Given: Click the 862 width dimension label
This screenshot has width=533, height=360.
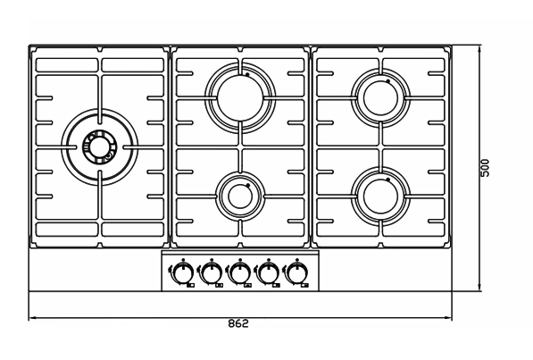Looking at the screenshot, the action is pyautogui.click(x=238, y=323).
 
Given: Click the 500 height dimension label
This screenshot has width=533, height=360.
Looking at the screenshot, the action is pyautogui.click(x=485, y=168).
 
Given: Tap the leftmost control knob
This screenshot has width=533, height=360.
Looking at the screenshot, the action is pyautogui.click(x=183, y=272).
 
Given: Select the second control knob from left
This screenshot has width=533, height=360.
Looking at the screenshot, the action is pyautogui.click(x=212, y=272).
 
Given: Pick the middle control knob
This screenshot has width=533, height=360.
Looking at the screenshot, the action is pyautogui.click(x=240, y=272).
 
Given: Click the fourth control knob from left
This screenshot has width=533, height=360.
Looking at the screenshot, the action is pyautogui.click(x=269, y=272).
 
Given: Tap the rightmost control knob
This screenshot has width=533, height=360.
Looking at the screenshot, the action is pyautogui.click(x=297, y=272).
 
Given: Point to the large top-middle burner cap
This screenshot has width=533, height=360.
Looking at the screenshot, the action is pyautogui.click(x=240, y=98).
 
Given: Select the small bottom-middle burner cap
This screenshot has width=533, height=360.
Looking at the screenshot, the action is pyautogui.click(x=240, y=197).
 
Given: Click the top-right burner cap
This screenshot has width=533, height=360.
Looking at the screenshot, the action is pyautogui.click(x=380, y=98).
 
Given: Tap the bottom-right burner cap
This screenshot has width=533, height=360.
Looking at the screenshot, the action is pyautogui.click(x=380, y=197).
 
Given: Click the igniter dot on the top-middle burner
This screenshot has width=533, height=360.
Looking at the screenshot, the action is pyautogui.click(x=247, y=74).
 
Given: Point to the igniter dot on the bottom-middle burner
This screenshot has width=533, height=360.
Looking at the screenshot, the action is pyautogui.click(x=248, y=186).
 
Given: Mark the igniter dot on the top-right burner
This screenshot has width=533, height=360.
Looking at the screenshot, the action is pyautogui.click(x=387, y=81).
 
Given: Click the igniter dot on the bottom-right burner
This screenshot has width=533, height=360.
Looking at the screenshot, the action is pyautogui.click(x=387, y=180).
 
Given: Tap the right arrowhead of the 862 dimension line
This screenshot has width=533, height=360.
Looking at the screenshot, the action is pyautogui.click(x=448, y=318).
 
